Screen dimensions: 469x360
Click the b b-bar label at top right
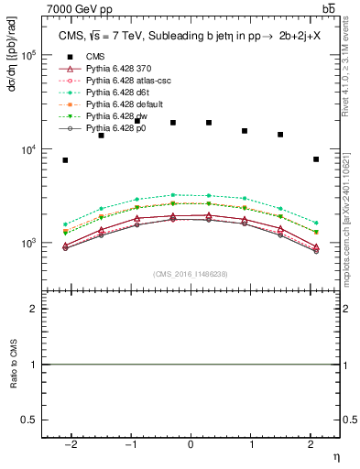pos(328,8)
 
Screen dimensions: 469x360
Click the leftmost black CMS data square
pos(65,160)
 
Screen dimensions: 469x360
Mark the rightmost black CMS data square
pos(315,159)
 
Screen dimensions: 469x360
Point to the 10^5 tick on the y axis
pos(27,55)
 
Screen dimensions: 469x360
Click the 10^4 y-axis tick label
pos(27,149)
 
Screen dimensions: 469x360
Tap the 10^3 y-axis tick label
pos(27,244)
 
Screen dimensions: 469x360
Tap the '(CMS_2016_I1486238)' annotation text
pos(191,274)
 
